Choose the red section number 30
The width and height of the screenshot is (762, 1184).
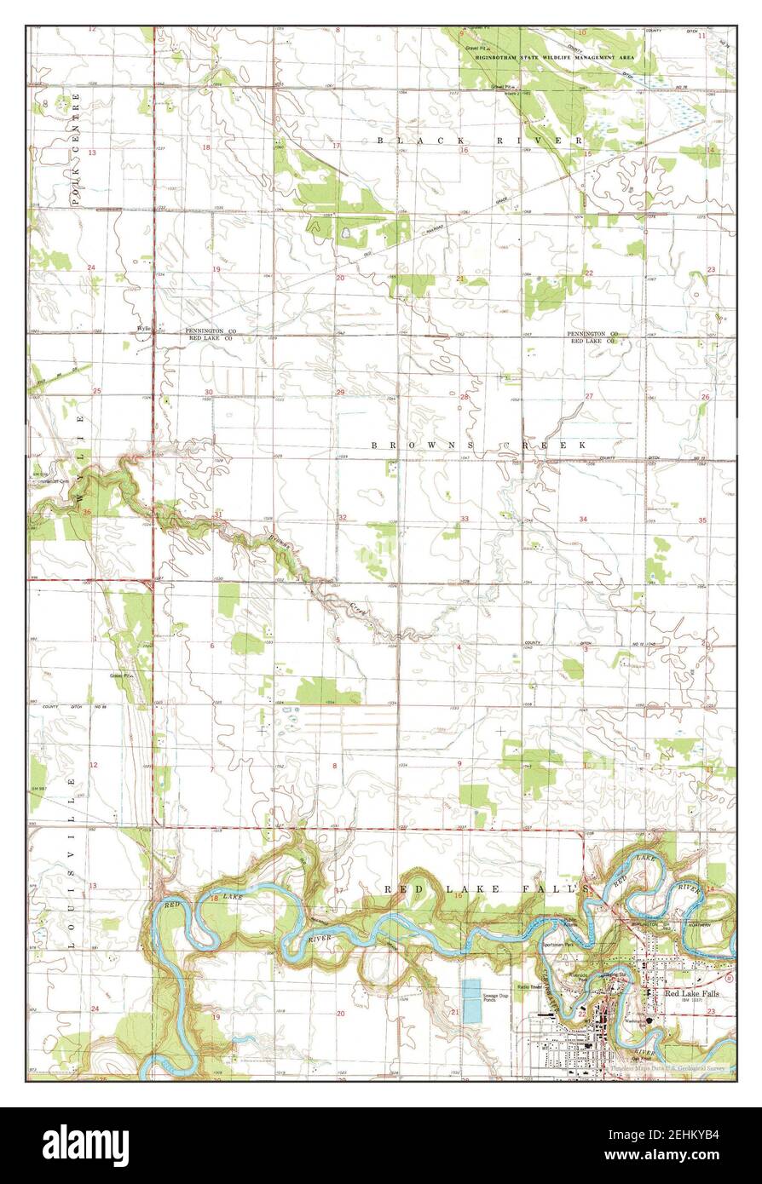[208, 393]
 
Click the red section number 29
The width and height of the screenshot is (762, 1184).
[340, 392]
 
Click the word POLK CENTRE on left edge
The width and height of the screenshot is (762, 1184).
[75, 149]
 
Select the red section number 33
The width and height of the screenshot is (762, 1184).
[465, 519]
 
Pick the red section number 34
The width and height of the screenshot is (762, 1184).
[584, 519]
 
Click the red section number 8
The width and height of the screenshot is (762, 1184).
[334, 766]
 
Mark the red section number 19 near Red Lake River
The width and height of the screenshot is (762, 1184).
[216, 1017]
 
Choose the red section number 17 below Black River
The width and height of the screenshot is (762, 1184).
[336, 146]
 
